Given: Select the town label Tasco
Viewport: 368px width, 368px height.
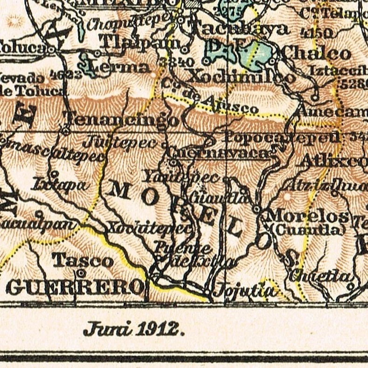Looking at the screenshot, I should [x=82, y=260].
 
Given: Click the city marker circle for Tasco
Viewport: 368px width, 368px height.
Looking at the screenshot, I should [x=81, y=272].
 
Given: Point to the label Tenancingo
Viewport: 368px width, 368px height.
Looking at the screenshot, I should [x=122, y=120].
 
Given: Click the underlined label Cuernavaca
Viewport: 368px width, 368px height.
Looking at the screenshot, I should [x=218, y=153].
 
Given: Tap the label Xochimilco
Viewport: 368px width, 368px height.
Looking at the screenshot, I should [x=241, y=76].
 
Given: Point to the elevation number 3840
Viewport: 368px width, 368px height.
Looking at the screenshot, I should [x=176, y=62].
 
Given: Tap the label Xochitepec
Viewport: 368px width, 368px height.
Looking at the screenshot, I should [x=149, y=228].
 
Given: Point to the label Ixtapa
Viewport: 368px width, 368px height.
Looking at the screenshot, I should [x=60, y=185].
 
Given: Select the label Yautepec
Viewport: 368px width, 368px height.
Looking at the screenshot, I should [x=181, y=177].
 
